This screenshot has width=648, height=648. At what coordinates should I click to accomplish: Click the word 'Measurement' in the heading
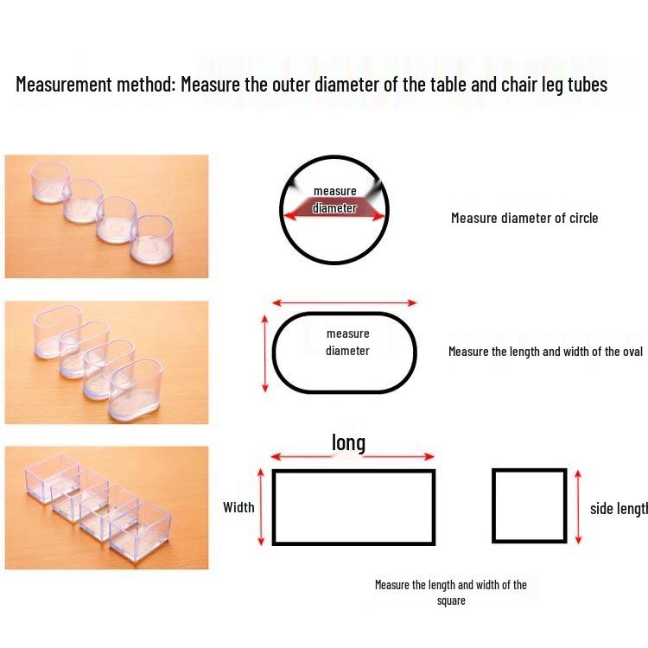click(x=64, y=85)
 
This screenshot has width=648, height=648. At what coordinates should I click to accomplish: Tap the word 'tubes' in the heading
click(x=588, y=85)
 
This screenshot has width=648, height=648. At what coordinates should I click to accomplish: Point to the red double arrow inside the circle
click(x=334, y=215)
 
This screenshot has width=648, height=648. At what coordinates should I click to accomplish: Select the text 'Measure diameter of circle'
click(x=524, y=218)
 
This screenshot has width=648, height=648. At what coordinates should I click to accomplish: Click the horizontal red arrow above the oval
click(x=344, y=303)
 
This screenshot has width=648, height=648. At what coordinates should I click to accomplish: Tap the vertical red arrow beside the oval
click(x=265, y=353)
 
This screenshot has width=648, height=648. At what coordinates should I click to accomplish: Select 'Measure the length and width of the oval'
click(x=545, y=352)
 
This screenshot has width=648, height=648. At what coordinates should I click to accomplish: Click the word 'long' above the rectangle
click(x=348, y=443)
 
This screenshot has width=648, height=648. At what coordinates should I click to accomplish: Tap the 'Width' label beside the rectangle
click(x=238, y=507)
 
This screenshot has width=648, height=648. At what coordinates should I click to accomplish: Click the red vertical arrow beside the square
click(x=578, y=506)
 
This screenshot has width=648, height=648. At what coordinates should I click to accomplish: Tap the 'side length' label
click(x=619, y=509)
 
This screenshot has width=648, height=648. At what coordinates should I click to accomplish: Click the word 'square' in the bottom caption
click(x=451, y=600)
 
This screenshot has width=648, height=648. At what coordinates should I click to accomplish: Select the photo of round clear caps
click(x=106, y=216)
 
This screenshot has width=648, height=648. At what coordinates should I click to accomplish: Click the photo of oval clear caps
click(x=106, y=362)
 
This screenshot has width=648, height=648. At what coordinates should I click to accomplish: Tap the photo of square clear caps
click(x=106, y=507)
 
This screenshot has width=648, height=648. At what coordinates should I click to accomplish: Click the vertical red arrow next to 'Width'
click(x=261, y=506)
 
